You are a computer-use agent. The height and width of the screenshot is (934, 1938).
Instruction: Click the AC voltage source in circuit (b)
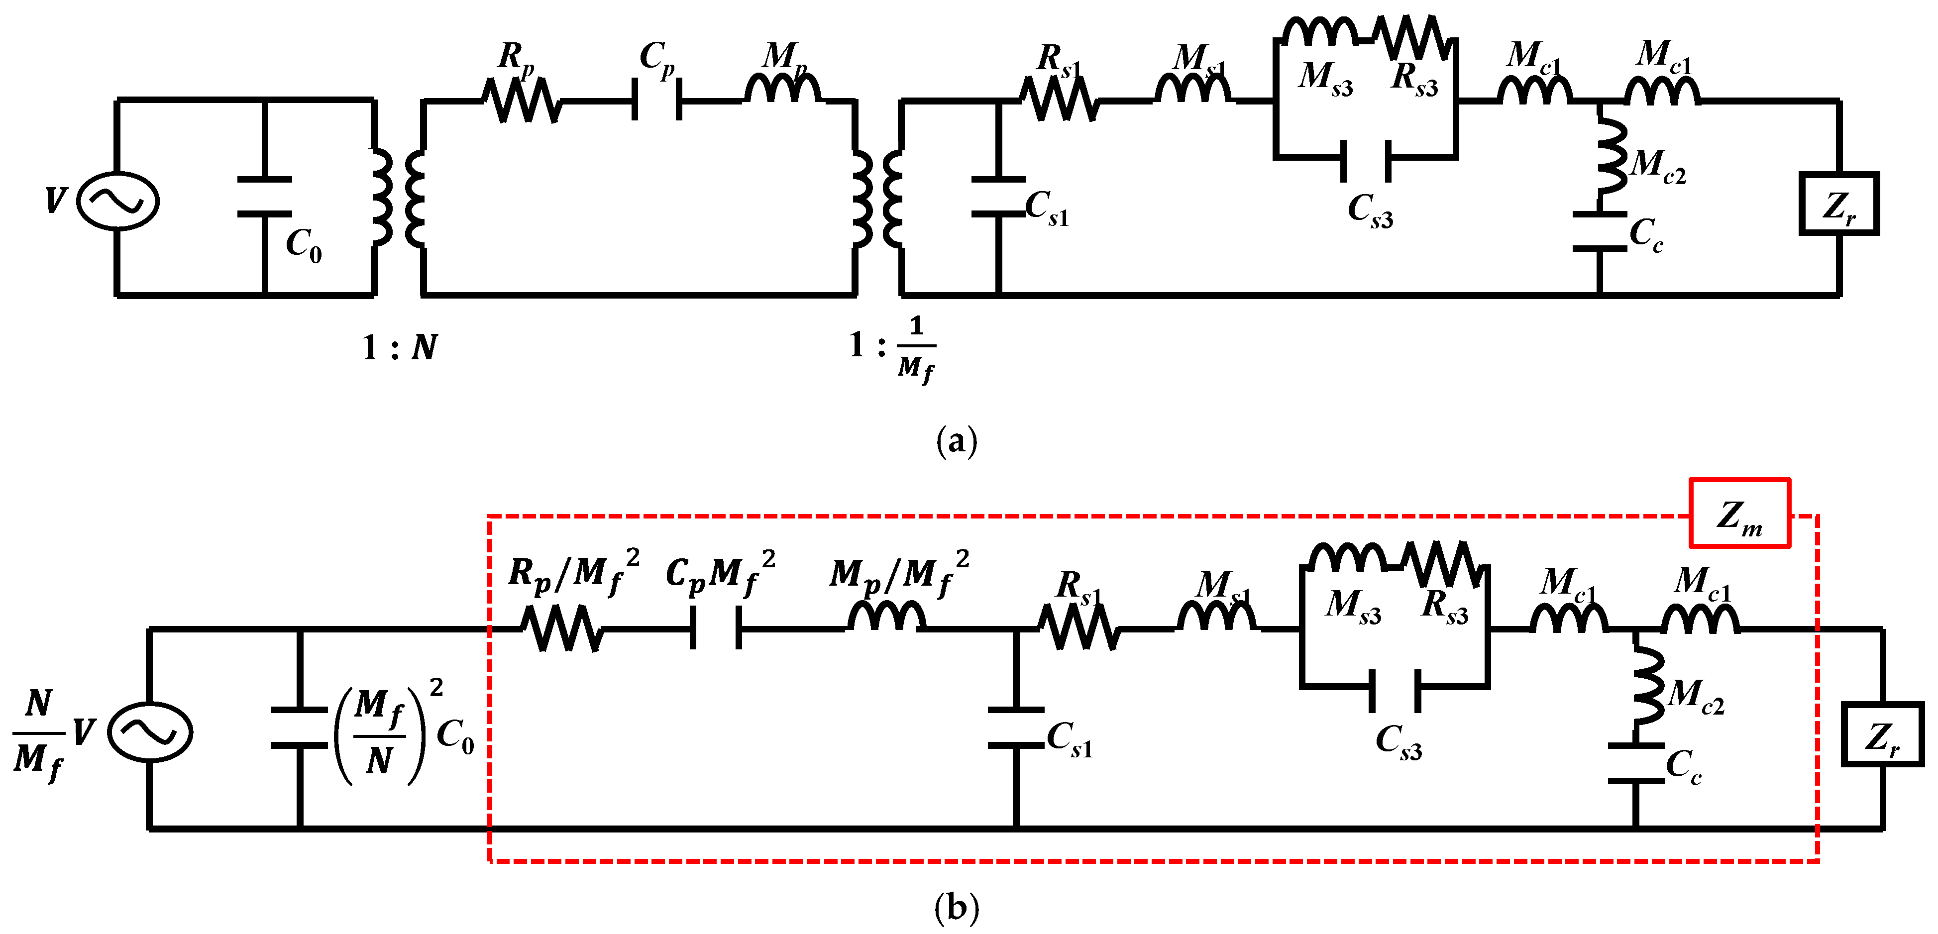tap(150, 731)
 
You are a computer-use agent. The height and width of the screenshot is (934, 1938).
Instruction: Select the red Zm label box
tap(1739, 513)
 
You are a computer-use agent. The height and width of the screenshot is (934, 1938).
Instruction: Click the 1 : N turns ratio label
tap(399, 347)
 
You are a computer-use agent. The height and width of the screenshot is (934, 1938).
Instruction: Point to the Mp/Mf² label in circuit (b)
tap(898, 574)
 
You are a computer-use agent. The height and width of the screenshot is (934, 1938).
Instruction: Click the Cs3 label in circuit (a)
tap(1370, 210)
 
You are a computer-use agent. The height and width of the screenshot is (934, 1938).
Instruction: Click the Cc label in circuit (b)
tap(1683, 766)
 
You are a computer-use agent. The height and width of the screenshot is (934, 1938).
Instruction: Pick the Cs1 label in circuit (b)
tap(1069, 739)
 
